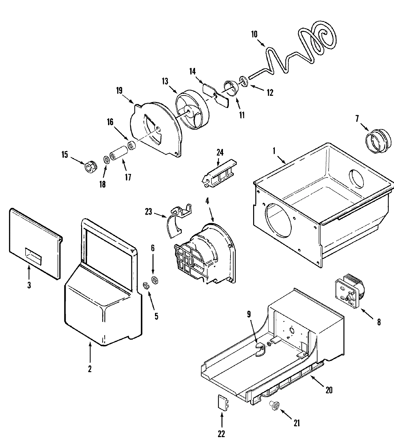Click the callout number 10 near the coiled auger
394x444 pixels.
pyautogui.click(x=254, y=34)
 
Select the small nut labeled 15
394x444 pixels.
pyautogui.click(x=90, y=167)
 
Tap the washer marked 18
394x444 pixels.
pyautogui.click(x=107, y=160)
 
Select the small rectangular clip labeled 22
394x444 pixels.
pyautogui.click(x=222, y=402)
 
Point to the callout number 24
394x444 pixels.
pyautogui.click(x=220, y=152)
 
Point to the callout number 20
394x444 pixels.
pyautogui.click(x=329, y=390)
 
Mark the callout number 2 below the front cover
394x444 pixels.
pyautogui.click(x=89, y=369)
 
